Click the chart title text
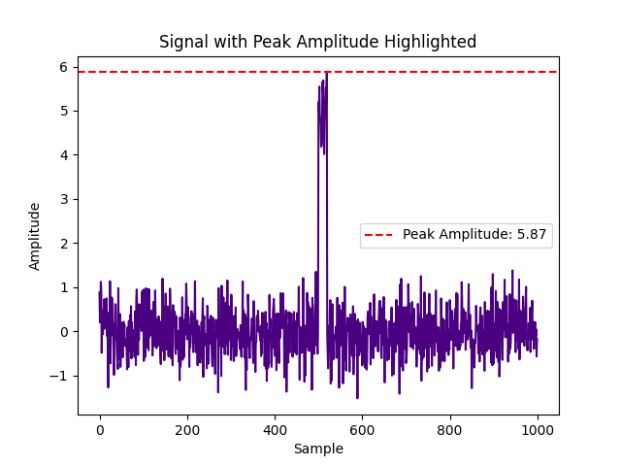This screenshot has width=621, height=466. [317, 42]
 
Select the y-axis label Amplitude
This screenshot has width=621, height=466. [35, 236]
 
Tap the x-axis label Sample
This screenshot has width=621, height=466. [318, 449]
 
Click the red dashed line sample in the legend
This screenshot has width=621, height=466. [380, 235]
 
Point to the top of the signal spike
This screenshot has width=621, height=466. [327, 73]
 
